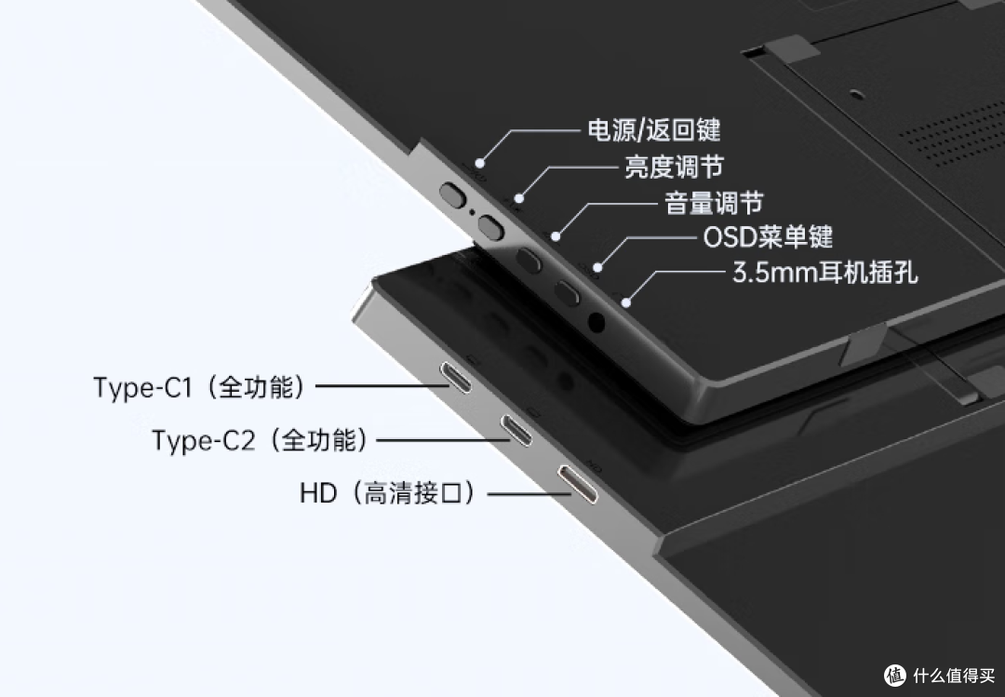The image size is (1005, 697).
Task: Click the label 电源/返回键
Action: [654, 130]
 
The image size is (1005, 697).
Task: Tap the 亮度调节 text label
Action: [674, 167]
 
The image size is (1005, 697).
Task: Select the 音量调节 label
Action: [714, 203]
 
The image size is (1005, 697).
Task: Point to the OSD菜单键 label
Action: [768, 237]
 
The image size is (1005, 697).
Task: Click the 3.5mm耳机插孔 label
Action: [825, 273]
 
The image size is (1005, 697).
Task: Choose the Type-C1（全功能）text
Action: [199, 387]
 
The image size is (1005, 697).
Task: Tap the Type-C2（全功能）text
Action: [261, 440]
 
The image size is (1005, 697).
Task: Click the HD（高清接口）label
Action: [388, 494]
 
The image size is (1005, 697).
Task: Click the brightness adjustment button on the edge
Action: [491, 226]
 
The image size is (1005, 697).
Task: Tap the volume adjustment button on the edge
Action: [529, 260]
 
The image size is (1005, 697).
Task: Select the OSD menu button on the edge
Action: [568, 292]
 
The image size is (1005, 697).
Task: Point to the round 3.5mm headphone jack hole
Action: [596, 322]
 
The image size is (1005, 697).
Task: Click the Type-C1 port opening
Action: [456, 376]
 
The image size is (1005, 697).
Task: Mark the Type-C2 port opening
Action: [516, 430]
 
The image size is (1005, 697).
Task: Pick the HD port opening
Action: [578, 484]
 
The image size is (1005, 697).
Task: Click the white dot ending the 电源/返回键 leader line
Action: [479, 163]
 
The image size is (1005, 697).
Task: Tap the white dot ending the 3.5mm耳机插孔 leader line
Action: [626, 302]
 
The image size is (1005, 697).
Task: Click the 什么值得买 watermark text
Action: [954, 675]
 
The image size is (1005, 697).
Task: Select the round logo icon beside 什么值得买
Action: [895, 675]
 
